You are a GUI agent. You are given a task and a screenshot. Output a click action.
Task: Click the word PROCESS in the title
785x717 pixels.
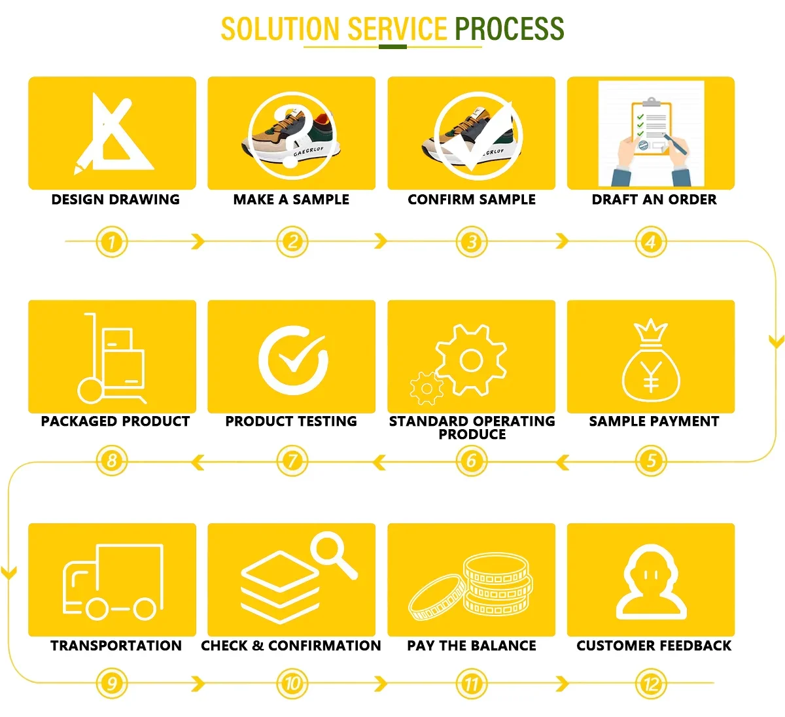tap(509, 29)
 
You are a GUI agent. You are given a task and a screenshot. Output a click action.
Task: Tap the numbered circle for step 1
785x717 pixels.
tap(112, 242)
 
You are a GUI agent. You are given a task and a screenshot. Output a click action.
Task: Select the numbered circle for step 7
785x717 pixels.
tap(292, 461)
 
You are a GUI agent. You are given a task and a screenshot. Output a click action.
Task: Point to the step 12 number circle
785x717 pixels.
tap(651, 684)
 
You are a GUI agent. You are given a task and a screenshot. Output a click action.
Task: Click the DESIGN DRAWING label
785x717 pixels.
tap(115, 200)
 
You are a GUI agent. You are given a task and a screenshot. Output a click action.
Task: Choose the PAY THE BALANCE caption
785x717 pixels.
tap(471, 646)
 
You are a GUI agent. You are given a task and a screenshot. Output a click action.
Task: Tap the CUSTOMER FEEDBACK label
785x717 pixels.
tap(654, 646)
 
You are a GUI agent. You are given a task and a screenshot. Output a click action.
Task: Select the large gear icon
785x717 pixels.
tap(471, 360)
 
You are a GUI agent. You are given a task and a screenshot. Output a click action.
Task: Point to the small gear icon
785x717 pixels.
tap(427, 389)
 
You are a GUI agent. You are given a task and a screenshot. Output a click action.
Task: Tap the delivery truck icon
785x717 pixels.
tap(113, 581)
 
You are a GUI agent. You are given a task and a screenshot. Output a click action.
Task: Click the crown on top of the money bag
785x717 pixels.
tap(651, 330)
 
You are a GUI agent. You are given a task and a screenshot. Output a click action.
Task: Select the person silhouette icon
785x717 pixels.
tap(651, 582)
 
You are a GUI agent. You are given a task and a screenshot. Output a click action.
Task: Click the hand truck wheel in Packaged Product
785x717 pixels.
tap(90, 390)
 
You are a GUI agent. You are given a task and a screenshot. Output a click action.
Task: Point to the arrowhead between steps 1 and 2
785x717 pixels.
tap(198, 241)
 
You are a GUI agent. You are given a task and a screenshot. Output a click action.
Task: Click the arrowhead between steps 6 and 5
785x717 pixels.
tap(562, 463)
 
